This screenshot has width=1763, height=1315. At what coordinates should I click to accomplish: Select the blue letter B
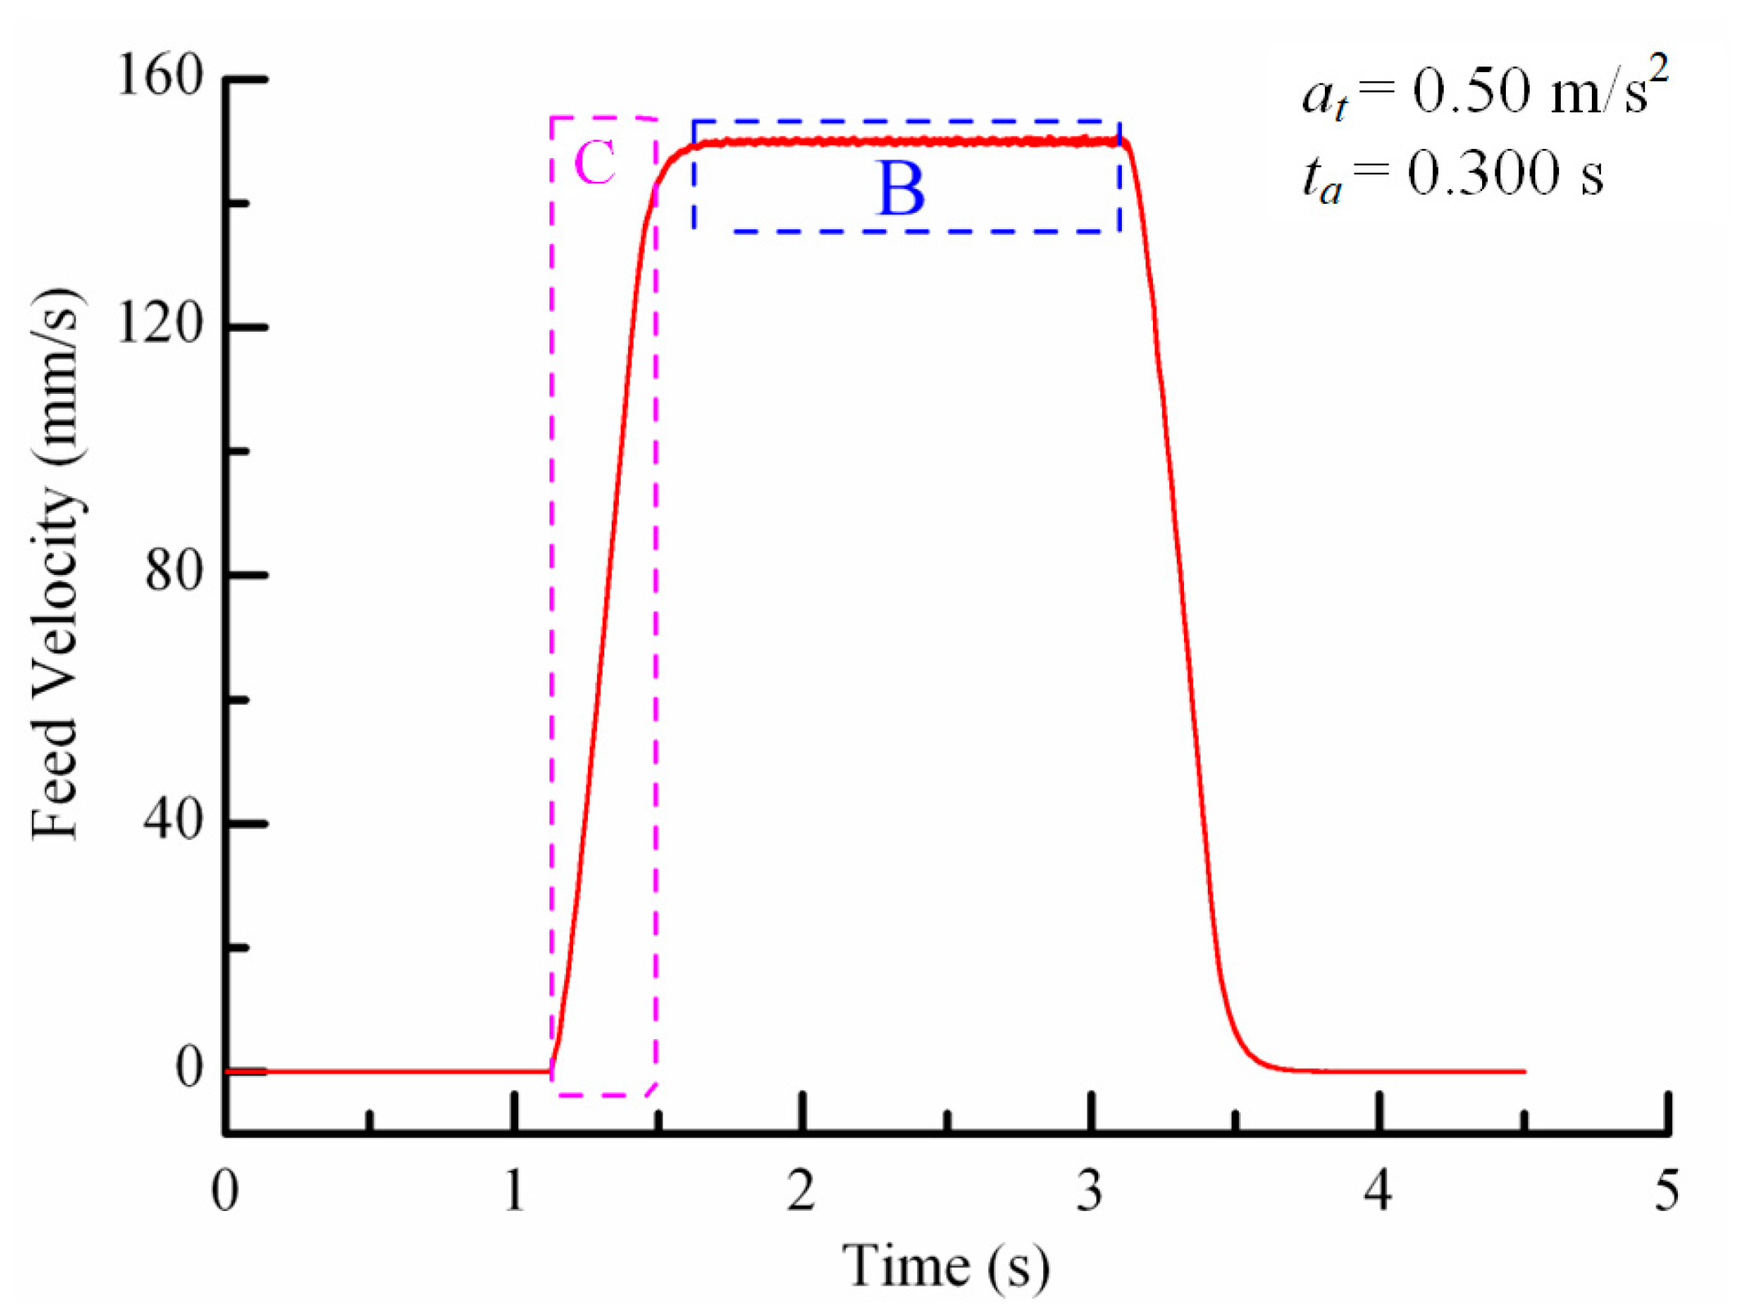click(901, 189)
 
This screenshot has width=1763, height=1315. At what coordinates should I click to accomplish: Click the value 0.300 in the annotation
click(1483, 174)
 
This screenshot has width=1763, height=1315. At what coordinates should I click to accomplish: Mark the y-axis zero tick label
click(189, 1068)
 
